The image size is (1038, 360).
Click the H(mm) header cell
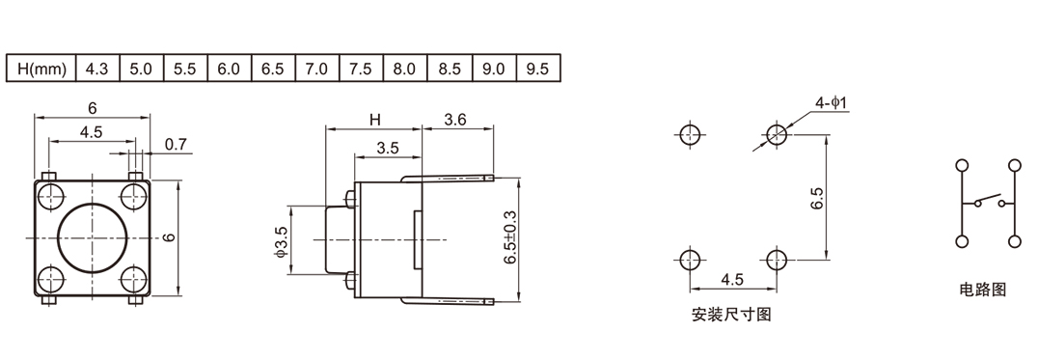(41, 69)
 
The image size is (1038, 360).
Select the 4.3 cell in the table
(97, 69)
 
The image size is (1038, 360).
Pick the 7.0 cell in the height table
(317, 69)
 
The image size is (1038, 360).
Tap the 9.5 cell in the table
(537, 69)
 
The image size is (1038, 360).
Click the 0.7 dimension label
(177, 144)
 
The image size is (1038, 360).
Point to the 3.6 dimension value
(454, 119)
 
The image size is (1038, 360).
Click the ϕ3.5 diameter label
(282, 241)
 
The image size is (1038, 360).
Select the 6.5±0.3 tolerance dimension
(510, 237)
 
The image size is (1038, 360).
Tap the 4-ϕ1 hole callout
(832, 102)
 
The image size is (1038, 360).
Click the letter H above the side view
(375, 120)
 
